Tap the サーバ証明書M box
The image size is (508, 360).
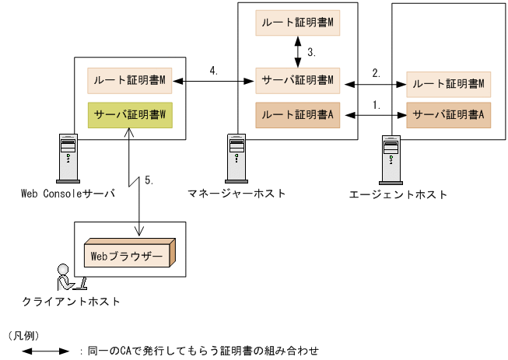point(299,80)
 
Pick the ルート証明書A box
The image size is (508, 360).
point(299,114)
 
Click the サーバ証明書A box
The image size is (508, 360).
point(448,114)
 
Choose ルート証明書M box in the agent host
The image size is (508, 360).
point(448,84)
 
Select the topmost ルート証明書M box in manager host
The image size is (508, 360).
point(299,23)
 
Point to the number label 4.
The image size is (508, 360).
point(213,70)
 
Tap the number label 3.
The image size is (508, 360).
point(311,52)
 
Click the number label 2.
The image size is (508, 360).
point(377,72)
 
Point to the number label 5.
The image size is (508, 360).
point(149,180)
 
